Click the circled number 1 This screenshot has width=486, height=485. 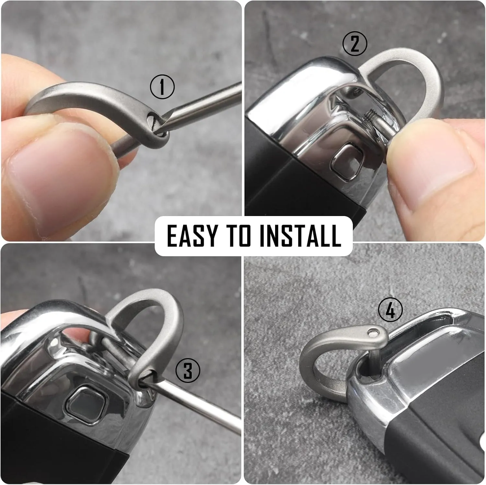point(162,87)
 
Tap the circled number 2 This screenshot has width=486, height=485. point(355,44)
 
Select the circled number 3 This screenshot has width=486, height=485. point(188,370)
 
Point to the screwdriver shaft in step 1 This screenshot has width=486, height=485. point(201,107)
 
